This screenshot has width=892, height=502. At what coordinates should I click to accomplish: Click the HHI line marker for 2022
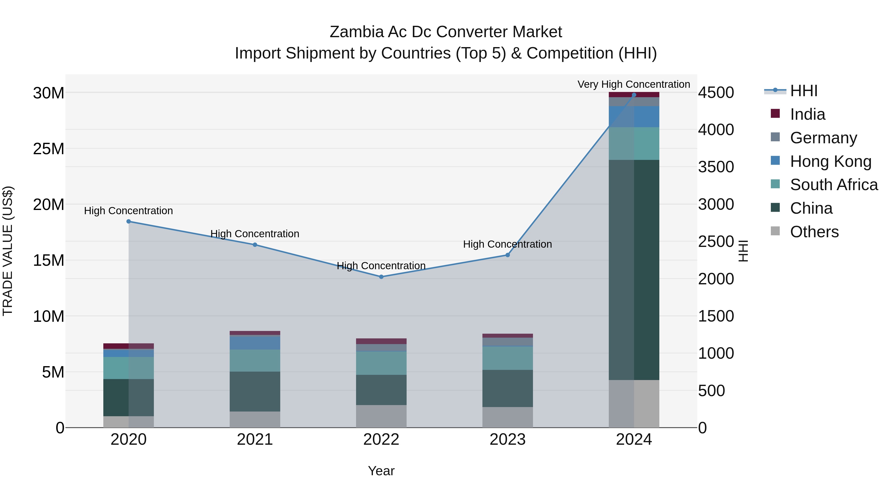(x=381, y=277)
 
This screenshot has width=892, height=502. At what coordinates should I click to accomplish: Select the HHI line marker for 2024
(x=634, y=95)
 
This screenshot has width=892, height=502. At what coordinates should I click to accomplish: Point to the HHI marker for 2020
(x=128, y=221)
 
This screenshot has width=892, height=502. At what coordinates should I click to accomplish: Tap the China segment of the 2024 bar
(x=634, y=270)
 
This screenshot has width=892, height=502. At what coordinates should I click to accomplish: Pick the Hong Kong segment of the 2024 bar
(x=634, y=117)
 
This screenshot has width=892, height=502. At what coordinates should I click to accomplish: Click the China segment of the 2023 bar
(x=508, y=388)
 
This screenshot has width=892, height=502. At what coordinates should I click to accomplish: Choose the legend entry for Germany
(x=823, y=138)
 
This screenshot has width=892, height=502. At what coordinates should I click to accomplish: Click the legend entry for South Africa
(x=834, y=185)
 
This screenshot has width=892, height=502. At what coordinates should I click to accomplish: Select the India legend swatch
(x=775, y=114)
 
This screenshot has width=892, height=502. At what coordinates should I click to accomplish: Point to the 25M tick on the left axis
(x=49, y=149)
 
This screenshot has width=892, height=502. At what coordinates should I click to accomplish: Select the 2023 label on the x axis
(x=508, y=440)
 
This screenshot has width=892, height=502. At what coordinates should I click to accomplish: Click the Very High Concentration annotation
(x=634, y=84)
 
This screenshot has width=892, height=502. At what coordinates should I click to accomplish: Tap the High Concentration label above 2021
(x=255, y=234)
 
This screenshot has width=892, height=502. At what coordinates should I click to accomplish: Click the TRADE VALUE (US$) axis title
(x=8, y=251)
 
